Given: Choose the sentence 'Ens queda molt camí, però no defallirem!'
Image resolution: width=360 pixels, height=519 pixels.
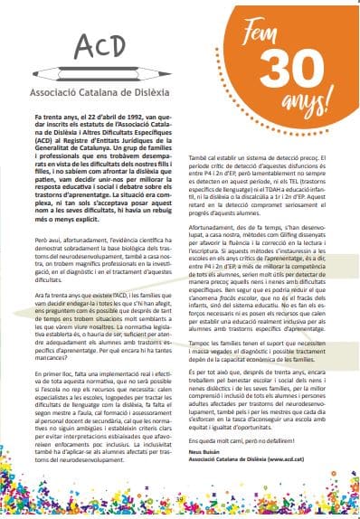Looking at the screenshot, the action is (253, 448).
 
